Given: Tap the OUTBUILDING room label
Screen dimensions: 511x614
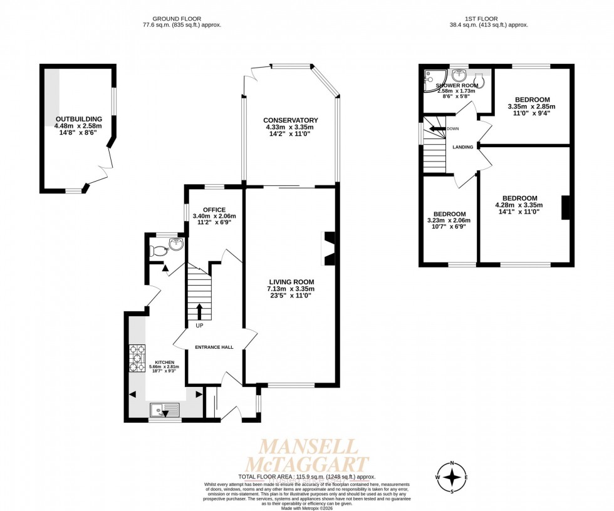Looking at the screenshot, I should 78,119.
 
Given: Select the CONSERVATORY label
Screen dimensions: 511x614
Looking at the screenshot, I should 290,120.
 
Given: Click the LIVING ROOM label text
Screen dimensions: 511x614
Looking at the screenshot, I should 291,282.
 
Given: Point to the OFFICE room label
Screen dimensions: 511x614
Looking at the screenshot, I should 210,209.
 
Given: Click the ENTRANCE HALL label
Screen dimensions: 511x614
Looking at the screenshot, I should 214,348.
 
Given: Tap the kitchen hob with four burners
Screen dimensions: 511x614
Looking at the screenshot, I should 137,358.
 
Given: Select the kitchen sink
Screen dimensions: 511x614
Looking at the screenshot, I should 165,411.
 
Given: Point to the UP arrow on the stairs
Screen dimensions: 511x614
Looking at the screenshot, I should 199,311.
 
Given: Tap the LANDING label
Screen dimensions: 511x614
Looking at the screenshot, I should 462,148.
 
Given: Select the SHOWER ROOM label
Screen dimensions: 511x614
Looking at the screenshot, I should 457,85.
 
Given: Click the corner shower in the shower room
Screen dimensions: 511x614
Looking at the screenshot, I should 430,79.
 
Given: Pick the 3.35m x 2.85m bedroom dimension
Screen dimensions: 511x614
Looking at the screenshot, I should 532,106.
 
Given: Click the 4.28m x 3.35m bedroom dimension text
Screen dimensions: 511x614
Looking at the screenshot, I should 519,205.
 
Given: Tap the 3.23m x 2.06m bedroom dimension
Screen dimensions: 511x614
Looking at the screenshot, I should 449,220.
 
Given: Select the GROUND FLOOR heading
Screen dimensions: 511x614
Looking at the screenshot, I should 182,18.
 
